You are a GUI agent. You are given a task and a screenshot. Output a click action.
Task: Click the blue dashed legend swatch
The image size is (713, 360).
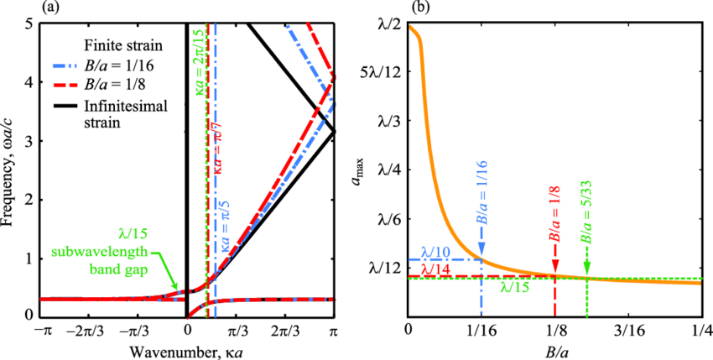[65, 65]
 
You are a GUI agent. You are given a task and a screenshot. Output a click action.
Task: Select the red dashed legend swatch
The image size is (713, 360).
[65, 85]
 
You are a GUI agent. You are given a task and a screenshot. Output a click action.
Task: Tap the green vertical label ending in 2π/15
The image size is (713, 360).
[200, 62]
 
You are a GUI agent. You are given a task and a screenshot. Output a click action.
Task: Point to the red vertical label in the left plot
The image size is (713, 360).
[217, 148]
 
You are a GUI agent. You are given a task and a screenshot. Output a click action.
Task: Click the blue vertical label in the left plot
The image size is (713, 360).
[225, 225]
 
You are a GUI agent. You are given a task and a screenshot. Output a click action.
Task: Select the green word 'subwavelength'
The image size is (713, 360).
[100, 252]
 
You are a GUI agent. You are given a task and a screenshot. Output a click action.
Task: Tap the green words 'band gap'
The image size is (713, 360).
[118, 269]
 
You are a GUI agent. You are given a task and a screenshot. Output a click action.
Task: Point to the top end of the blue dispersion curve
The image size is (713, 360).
[289, 28]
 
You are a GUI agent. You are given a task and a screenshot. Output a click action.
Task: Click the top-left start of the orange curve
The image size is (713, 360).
[412, 29]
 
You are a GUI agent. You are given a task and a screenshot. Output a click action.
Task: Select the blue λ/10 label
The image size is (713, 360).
[435, 252]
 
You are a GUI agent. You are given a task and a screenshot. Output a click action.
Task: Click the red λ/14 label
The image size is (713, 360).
[435, 270]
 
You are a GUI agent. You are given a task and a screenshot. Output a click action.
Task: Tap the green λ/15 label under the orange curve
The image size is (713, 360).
[514, 288]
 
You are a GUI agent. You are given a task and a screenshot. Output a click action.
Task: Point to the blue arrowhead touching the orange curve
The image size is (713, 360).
[481, 250]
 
